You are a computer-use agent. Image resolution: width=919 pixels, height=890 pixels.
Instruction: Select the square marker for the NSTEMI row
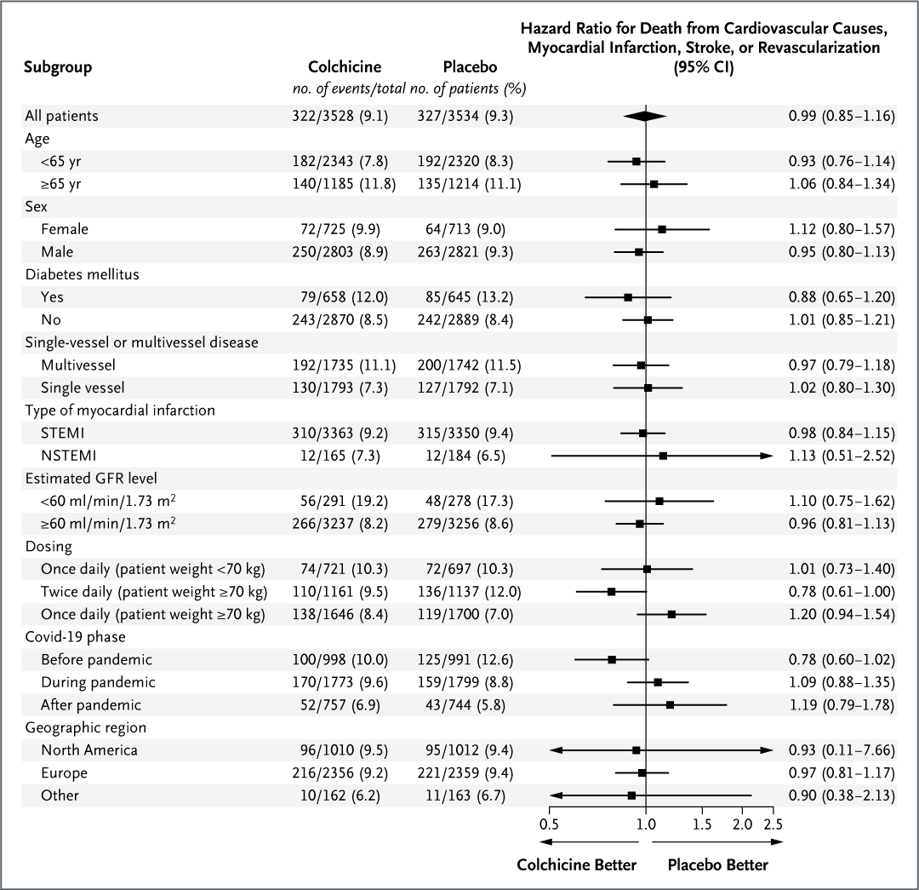click(663, 456)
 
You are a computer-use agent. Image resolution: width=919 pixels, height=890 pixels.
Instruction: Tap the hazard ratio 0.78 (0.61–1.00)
click(841, 592)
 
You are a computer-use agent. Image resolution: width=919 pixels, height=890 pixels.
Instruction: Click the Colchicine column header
click(345, 66)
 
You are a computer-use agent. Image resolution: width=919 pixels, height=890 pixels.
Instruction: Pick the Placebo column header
click(470, 66)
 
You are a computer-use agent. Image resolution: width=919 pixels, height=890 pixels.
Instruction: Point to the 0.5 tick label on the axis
click(549, 825)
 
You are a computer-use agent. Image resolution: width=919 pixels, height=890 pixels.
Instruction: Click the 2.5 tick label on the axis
click(773, 825)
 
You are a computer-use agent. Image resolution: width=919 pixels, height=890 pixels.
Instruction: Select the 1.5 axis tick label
click(702, 825)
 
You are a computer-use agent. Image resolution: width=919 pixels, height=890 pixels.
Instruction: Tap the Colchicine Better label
click(576, 865)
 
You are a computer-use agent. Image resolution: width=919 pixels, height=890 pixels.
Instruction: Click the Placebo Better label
click(717, 865)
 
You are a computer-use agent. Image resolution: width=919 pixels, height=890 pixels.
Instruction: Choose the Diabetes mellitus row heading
click(82, 274)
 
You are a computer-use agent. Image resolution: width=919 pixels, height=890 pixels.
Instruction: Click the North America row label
click(88, 750)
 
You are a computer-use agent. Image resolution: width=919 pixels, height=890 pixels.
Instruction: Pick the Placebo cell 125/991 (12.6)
click(468, 660)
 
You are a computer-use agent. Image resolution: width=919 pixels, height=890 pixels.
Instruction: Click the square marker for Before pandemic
click(612, 660)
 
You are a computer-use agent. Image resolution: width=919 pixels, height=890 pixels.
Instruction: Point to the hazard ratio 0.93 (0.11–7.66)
click(841, 750)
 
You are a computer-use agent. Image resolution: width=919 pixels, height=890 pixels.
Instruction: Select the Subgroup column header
click(58, 66)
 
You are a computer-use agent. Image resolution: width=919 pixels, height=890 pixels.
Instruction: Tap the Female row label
click(64, 229)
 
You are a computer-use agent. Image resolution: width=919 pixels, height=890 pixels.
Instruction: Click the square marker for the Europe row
click(642, 773)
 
